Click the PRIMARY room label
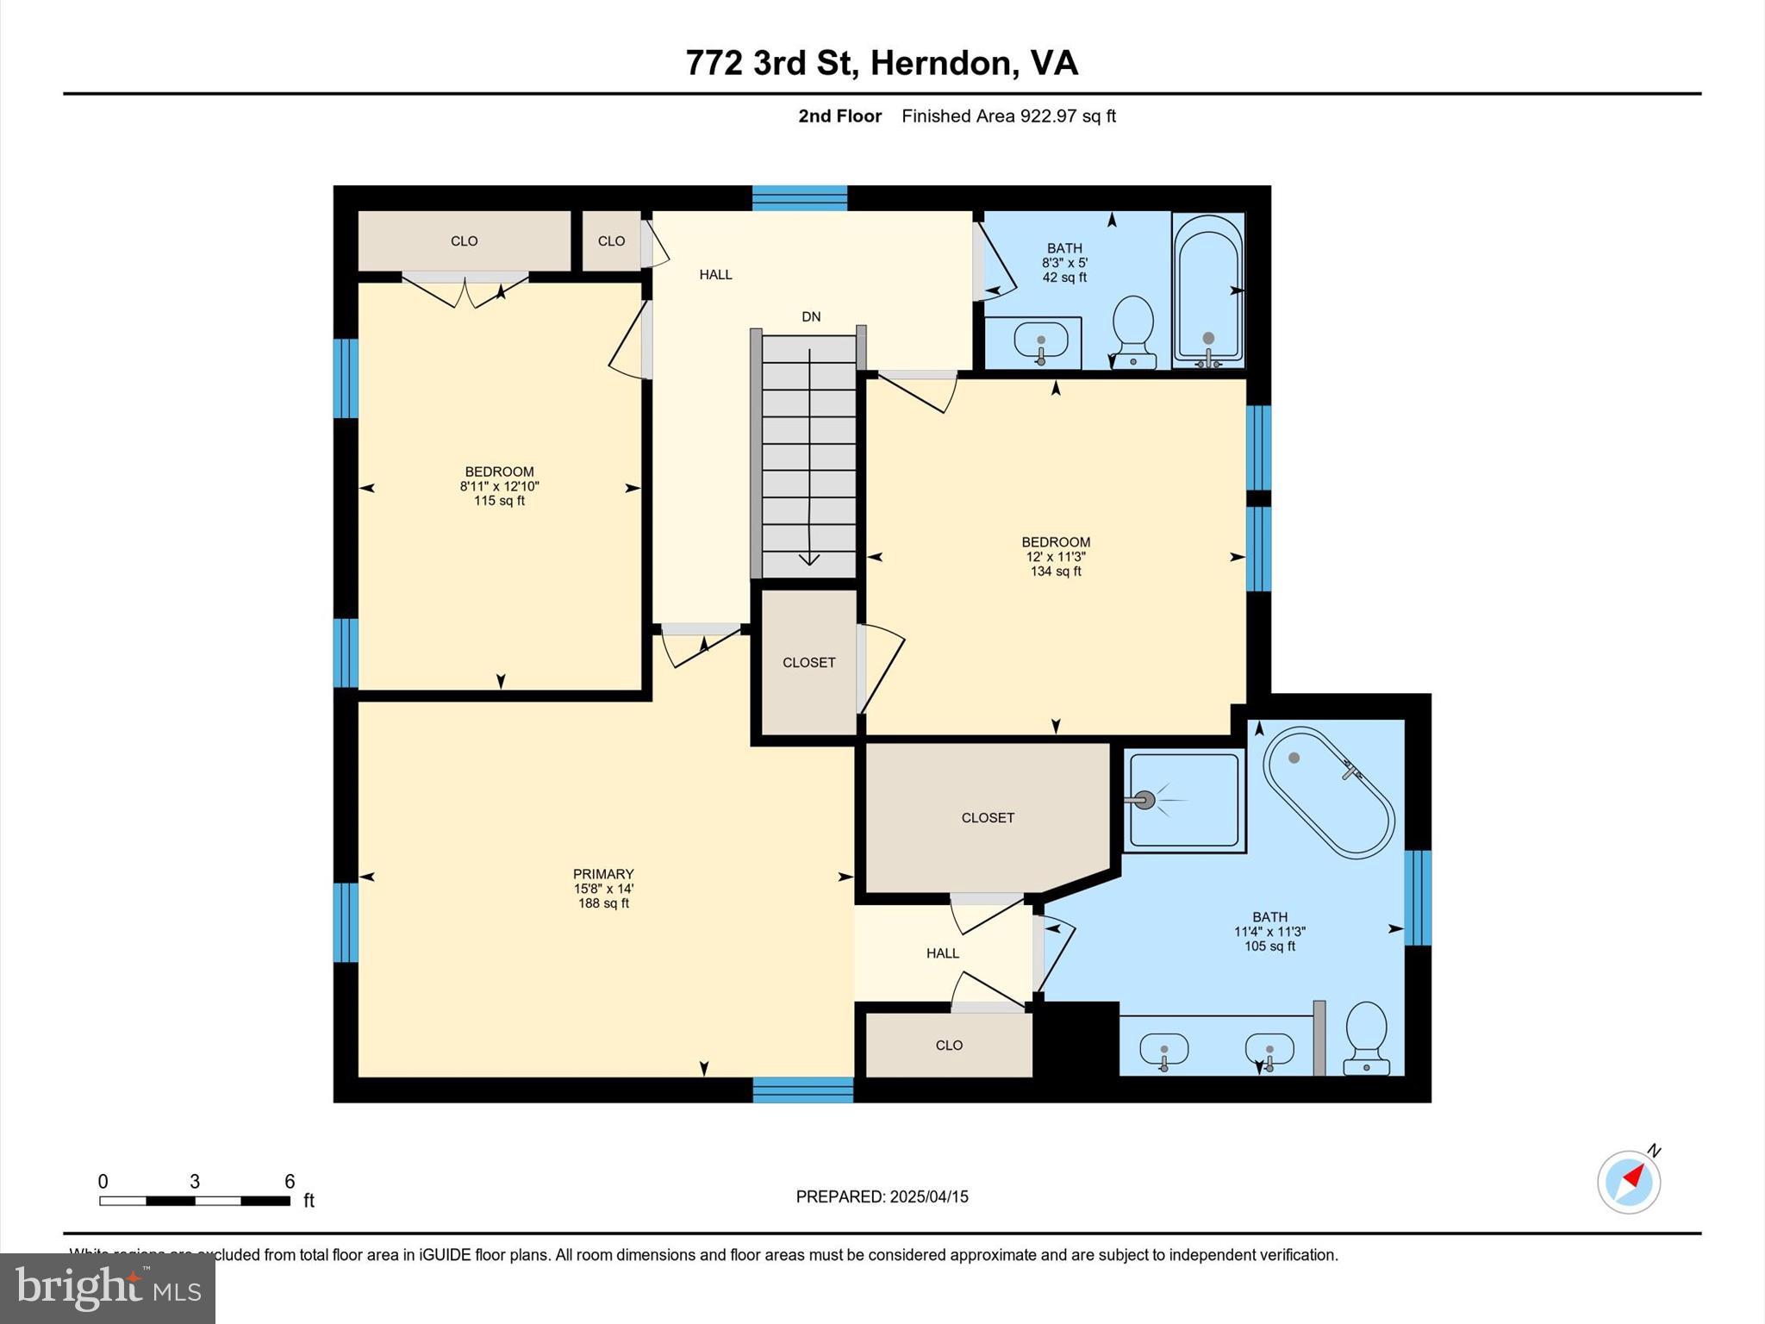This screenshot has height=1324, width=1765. pos(603,873)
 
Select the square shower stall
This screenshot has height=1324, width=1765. pos(1185,801)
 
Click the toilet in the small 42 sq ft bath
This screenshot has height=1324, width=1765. pos(1133,330)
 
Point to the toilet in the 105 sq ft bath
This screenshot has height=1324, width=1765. pos(1367,1037)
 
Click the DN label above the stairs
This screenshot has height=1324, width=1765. pos(811,316)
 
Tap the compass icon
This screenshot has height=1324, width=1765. pos(1629,1183)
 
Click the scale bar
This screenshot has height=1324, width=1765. pos(195,1200)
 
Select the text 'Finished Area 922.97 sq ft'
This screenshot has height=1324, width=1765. pos(1008,116)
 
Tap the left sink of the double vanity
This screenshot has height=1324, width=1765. pos(1163,1050)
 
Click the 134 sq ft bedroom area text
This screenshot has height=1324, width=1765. pos(1056,571)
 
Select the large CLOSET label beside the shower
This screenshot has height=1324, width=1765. pos(988,817)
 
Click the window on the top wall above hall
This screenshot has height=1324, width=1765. pos(800,198)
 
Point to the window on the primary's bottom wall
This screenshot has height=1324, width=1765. pos(803,1090)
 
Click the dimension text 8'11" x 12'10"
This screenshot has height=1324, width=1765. pos(499,486)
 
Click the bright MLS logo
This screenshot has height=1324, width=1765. pos(108,1288)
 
